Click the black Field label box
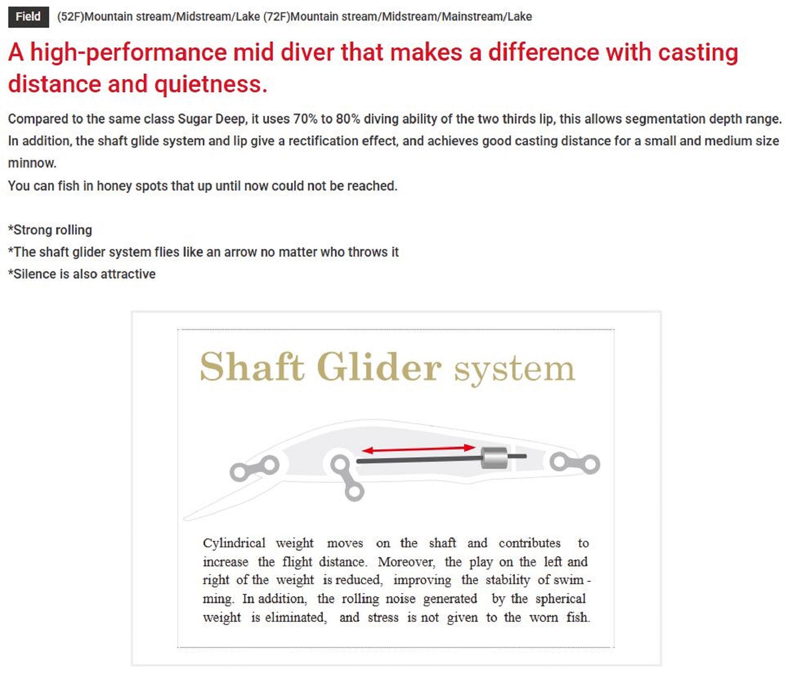coord(29,17)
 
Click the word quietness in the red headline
coord(211,84)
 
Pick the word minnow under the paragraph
coord(32,163)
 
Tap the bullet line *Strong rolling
coord(50,230)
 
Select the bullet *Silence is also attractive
coord(82,274)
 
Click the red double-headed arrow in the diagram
coord(418,449)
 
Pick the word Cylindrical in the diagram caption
coord(234,543)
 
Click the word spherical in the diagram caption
coord(560,599)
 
